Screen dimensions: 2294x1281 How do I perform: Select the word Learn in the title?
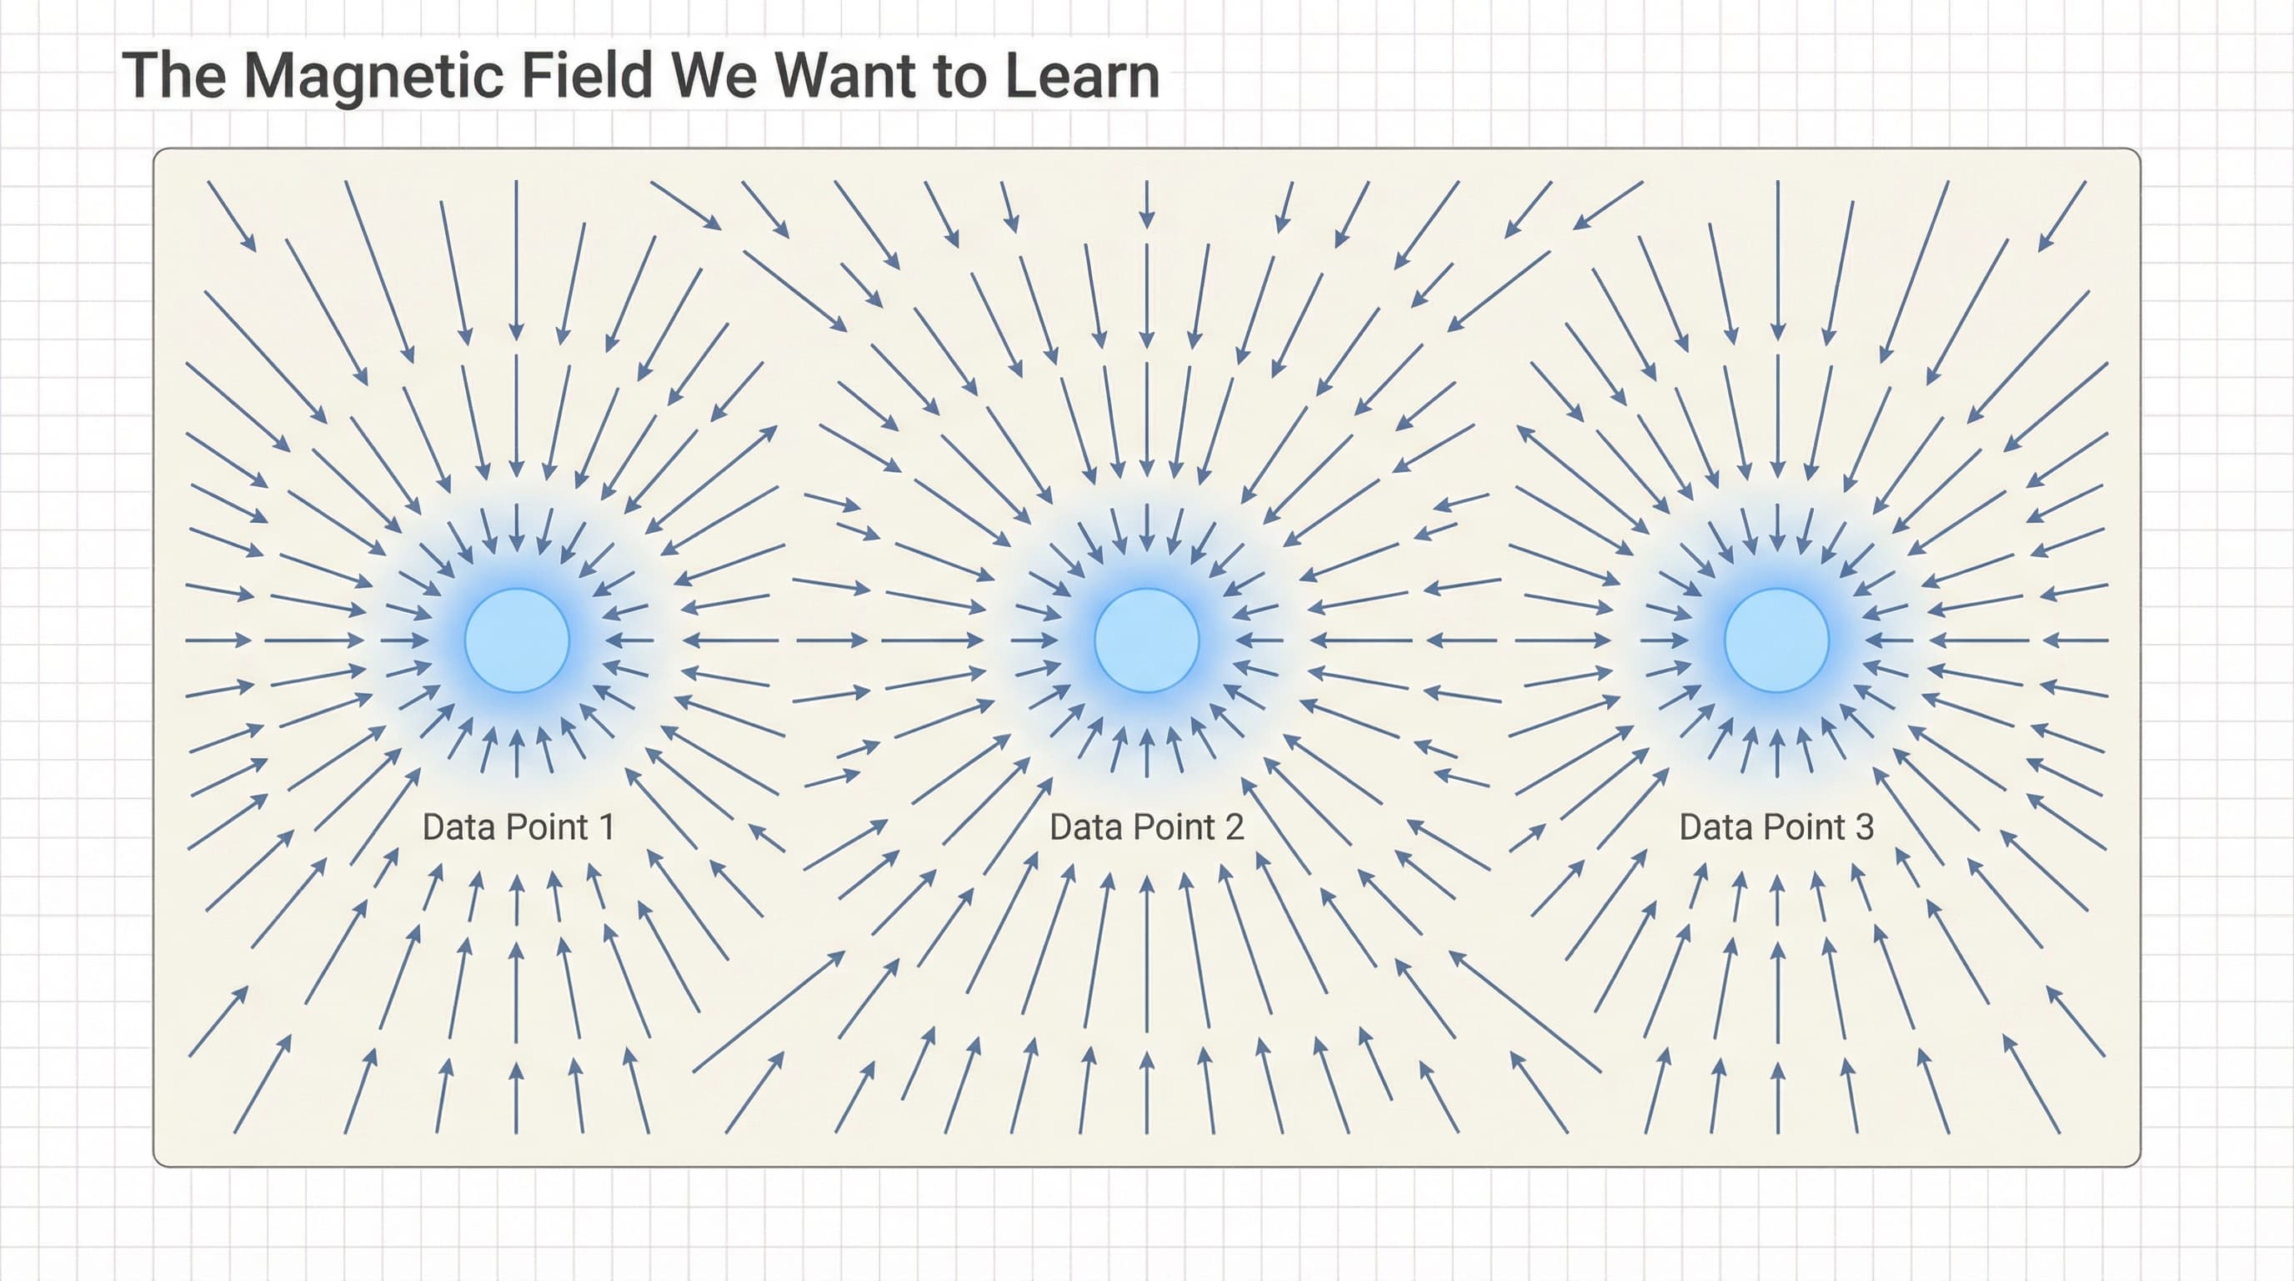tap(1082, 75)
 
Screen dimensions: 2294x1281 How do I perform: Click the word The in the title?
tap(174, 75)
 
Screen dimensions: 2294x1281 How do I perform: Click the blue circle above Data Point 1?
tap(517, 640)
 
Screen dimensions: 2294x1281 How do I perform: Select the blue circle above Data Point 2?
tap(1146, 640)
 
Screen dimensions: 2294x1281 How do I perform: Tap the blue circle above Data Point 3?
tap(1776, 640)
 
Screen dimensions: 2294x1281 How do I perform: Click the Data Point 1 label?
tap(518, 827)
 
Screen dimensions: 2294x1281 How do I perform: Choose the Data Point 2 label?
tap(1146, 827)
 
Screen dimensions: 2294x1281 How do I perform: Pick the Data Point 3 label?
tap(1776, 827)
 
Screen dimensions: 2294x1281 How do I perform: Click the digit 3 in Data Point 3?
tap(1865, 827)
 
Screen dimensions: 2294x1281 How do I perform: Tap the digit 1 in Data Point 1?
tap(607, 827)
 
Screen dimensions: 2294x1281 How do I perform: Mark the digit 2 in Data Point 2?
tap(1234, 827)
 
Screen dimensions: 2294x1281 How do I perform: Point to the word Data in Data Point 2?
tap(1087, 827)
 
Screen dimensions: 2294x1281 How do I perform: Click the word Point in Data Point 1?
tap(548, 827)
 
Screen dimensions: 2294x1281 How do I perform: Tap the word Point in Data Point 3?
tap(1804, 827)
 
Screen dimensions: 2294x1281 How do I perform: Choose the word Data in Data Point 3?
tap(1717, 827)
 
